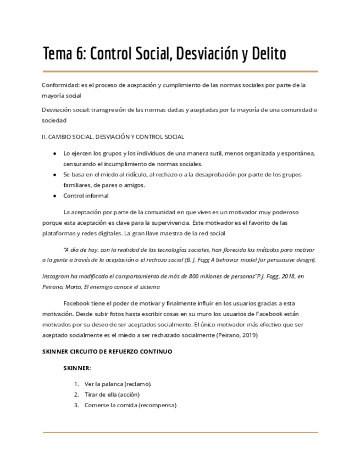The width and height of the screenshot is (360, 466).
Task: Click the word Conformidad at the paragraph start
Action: (x=60, y=85)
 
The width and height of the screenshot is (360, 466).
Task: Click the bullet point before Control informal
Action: (x=54, y=196)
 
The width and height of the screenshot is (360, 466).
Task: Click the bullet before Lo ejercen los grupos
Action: (x=54, y=154)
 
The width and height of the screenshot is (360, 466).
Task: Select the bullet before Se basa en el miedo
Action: (x=54, y=175)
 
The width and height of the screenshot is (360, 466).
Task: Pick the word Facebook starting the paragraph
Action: (x=77, y=304)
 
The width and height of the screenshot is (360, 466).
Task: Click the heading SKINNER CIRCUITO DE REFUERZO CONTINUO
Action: (x=107, y=351)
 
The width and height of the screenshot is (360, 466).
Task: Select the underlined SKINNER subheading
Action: (x=76, y=368)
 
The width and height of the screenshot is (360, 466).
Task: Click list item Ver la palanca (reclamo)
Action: (x=118, y=384)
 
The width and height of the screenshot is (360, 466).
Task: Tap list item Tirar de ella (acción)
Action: (x=112, y=395)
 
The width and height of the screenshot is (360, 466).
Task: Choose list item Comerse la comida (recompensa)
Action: (x=130, y=405)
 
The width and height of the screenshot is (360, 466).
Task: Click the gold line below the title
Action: (x=180, y=71)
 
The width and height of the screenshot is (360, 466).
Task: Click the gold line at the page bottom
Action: (x=180, y=432)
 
